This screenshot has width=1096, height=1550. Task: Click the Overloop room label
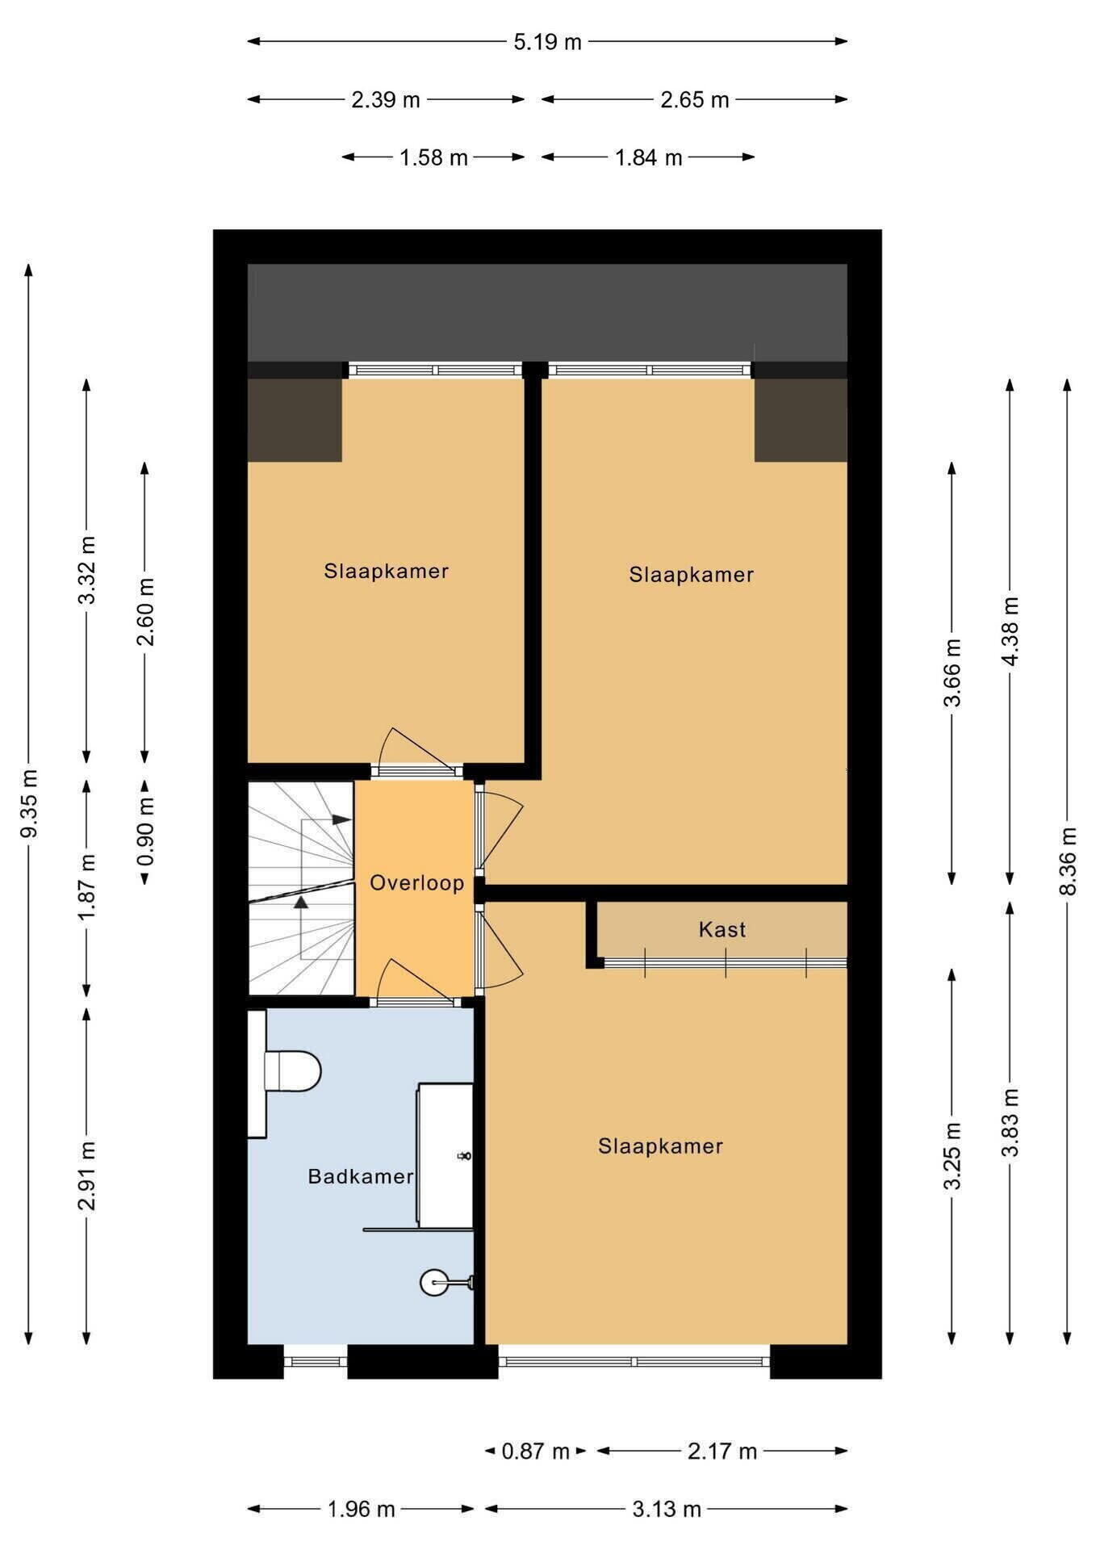tap(416, 882)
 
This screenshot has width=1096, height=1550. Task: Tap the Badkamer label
tap(360, 1176)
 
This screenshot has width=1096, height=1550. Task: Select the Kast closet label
tap(722, 929)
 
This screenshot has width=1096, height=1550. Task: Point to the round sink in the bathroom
tap(434, 1282)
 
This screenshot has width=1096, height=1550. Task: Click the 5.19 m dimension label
tap(547, 42)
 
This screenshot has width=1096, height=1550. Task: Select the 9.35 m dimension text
tap(29, 804)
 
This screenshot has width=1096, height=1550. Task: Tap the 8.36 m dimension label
tap(1067, 861)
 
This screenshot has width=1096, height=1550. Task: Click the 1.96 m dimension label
tap(361, 1509)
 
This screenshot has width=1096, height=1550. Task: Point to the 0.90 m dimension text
tap(145, 832)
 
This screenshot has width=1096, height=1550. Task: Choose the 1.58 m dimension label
tap(433, 157)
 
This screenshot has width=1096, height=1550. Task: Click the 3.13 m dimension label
tap(666, 1509)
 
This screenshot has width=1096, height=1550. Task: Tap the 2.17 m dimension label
tap(722, 1452)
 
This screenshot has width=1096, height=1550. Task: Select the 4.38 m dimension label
tap(1009, 630)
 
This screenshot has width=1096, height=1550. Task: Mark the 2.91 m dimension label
tap(87, 1176)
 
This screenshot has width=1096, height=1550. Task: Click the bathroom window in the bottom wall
tap(316, 1362)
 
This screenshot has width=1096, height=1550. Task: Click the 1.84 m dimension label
tap(649, 157)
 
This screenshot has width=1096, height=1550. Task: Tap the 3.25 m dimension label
tap(952, 1156)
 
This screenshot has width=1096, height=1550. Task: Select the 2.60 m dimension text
tap(145, 612)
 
